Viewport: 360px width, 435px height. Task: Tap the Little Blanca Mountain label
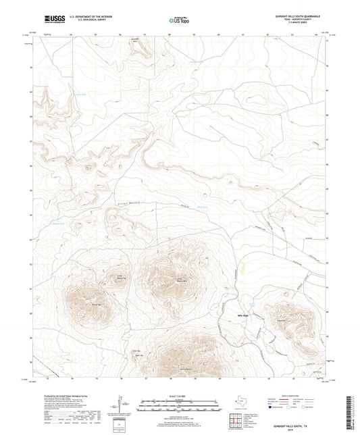(179, 281)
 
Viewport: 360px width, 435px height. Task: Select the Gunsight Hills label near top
(136, 39)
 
